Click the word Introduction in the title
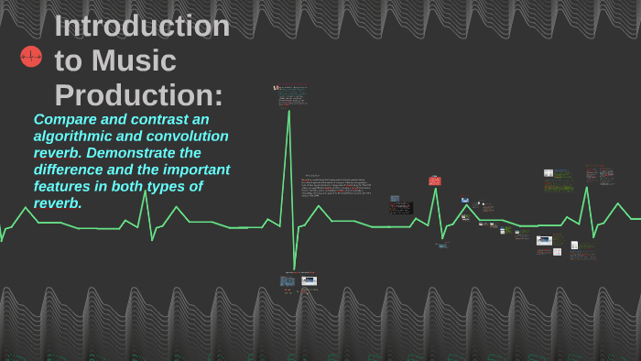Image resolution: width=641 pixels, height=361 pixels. [142, 27]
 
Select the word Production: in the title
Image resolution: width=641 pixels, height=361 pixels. [138, 94]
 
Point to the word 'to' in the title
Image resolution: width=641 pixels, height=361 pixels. [69, 60]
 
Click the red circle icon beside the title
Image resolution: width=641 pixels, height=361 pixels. [31, 57]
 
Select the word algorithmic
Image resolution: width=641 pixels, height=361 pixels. [76, 137]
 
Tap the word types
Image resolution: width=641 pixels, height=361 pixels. [183, 186]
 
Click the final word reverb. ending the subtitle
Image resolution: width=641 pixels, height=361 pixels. [58, 202]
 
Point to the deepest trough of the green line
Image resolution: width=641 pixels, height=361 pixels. [294, 268]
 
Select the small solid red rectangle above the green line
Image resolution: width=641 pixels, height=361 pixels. [434, 181]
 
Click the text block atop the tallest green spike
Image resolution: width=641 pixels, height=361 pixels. [292, 95]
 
